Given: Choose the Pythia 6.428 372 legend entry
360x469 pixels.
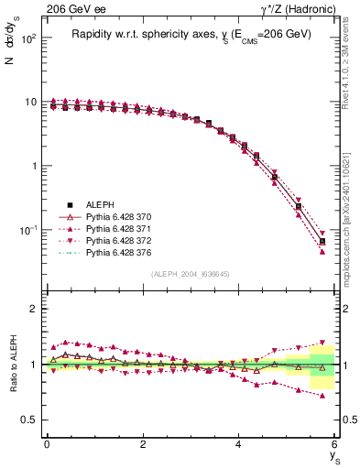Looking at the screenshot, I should pyautogui.click(x=119, y=241).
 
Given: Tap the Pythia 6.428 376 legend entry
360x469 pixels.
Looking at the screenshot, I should pyautogui.click(x=119, y=253).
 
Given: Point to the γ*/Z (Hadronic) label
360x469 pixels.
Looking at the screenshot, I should pyautogui.click(x=297, y=8).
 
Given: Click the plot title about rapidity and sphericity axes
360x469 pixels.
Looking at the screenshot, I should pyautogui.click(x=191, y=34).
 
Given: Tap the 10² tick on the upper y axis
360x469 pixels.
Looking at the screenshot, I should pyautogui.click(x=30, y=39).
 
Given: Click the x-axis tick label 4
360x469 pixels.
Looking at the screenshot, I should pyautogui.click(x=239, y=444).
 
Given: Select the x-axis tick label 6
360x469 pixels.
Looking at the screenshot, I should pyautogui.click(x=335, y=444).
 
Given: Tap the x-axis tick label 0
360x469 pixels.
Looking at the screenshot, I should pyautogui.click(x=47, y=444).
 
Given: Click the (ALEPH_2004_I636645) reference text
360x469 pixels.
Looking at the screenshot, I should pyautogui.click(x=191, y=274).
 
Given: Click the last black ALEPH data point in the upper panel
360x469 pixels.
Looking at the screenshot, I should pyautogui.click(x=322, y=241).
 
